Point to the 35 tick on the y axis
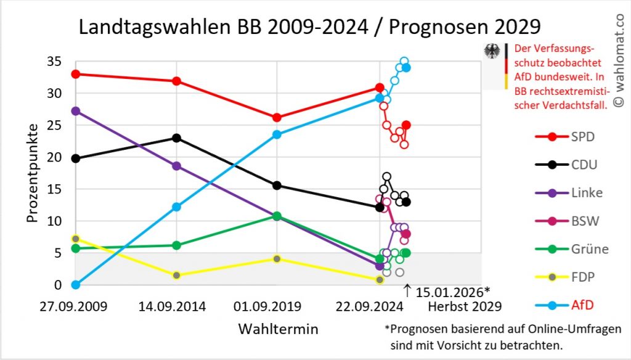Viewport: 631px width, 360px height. point(54,61)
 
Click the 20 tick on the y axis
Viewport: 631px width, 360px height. point(54,157)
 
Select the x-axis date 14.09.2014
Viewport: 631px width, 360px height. point(176,306)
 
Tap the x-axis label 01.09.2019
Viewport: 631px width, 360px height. point(277,306)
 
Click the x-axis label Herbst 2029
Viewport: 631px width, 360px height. point(465,306)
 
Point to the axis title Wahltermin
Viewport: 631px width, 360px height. point(279,329)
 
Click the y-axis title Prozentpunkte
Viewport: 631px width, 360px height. point(33,173)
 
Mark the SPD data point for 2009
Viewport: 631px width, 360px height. point(76,74)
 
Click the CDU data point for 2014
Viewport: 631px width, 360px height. point(176,137)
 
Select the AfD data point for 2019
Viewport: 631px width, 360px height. point(277,134)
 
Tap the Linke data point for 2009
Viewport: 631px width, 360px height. point(76,111)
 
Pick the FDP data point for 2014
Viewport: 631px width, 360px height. point(176,276)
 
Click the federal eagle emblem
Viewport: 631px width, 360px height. point(492,51)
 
